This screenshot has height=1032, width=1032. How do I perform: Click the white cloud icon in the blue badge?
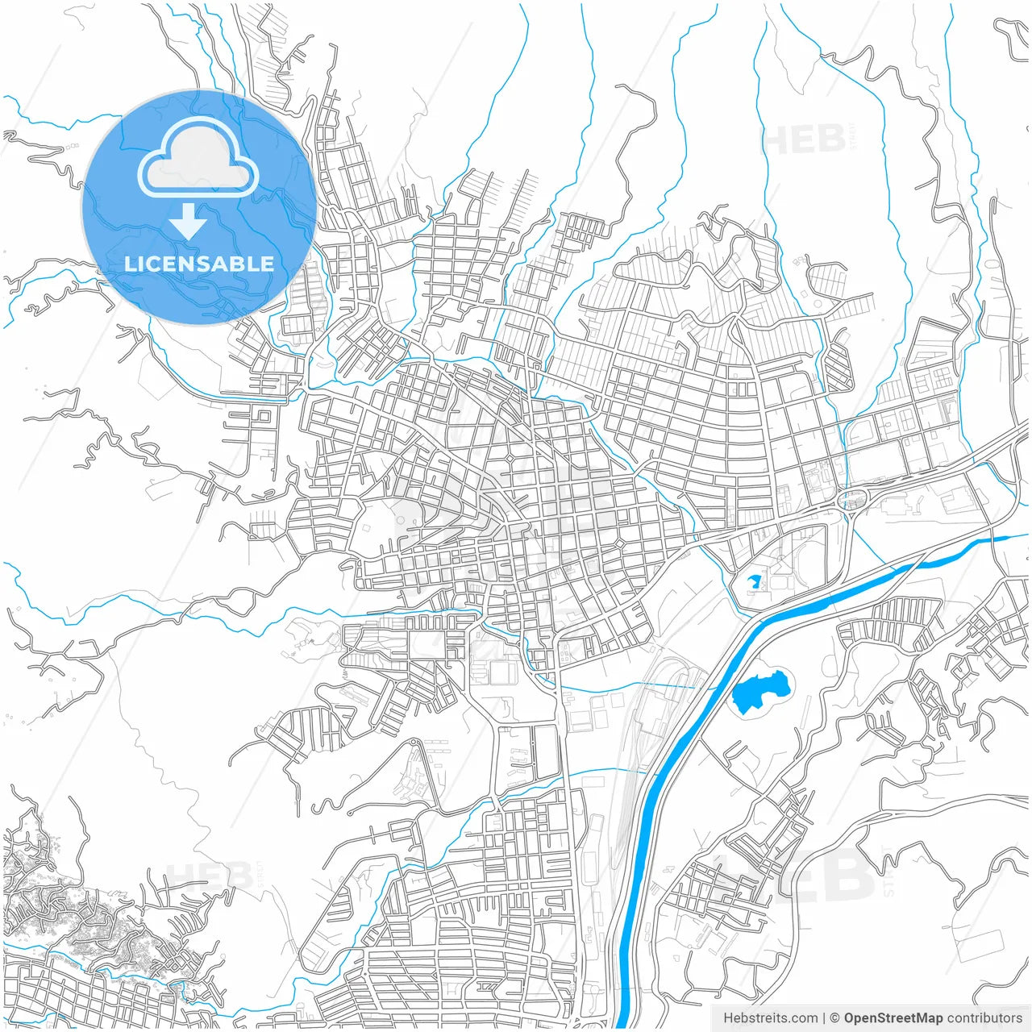point(198,158)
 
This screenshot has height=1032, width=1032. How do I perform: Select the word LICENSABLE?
point(198,264)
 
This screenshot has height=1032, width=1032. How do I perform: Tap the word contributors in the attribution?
point(984,1018)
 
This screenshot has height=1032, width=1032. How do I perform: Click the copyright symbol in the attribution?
point(834,1018)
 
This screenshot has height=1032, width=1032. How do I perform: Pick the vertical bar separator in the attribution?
point(823,1018)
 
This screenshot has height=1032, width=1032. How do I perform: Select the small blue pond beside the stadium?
point(755,580)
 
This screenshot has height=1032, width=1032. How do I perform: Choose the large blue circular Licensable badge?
point(198,207)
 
